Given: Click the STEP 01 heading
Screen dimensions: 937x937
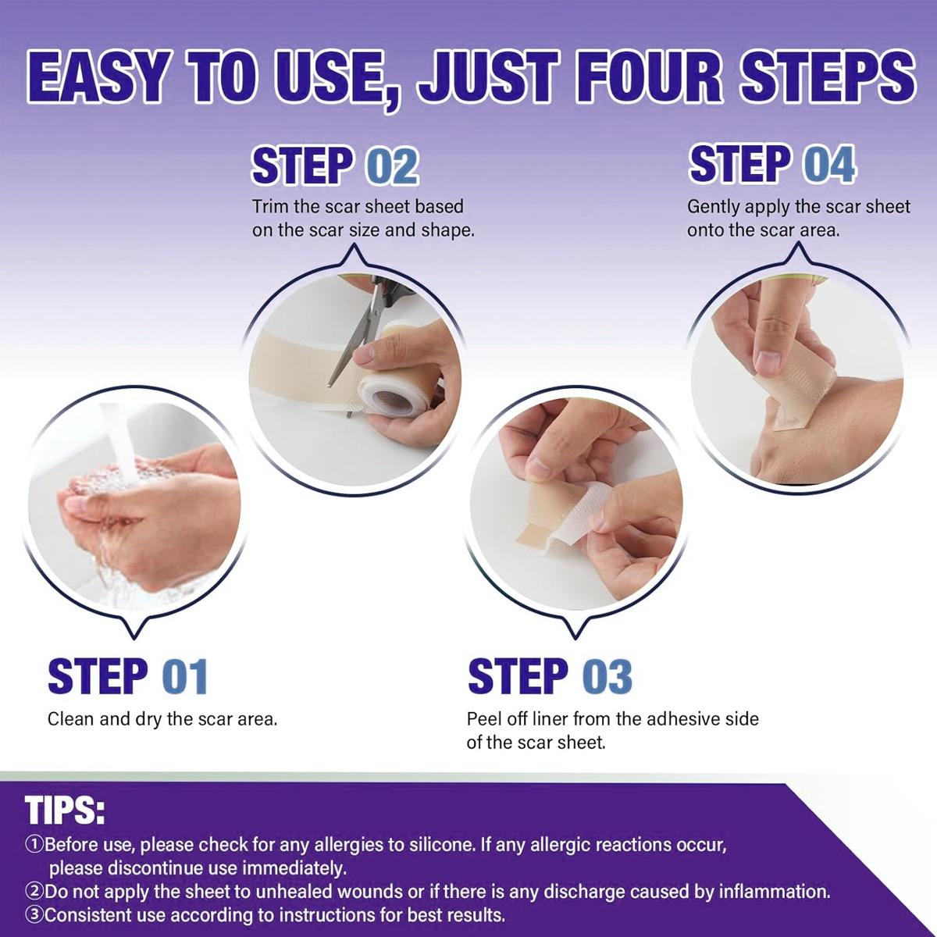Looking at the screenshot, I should [127, 676].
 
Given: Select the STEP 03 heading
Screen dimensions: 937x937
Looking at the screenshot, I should [550, 676].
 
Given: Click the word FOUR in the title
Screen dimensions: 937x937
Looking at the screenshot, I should [635, 78].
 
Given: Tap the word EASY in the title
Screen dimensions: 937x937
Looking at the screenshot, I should [98, 78].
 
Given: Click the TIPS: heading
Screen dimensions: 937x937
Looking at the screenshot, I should [65, 811].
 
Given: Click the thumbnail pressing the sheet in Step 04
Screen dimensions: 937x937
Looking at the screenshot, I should [768, 361].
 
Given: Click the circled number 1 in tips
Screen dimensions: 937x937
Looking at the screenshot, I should [34, 845].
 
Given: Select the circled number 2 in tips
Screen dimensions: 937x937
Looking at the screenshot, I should [34, 892].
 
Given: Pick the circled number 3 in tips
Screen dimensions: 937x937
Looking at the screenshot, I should [34, 915].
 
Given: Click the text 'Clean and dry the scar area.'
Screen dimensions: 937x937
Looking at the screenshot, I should [162, 719].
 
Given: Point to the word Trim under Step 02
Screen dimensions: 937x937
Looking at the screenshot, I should [269, 207].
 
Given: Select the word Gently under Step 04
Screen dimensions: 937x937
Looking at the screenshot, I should [713, 207].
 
